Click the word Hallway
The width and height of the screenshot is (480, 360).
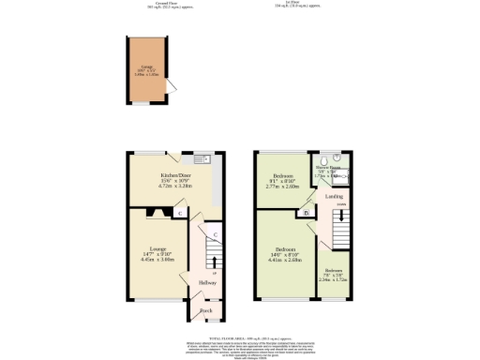(206, 282)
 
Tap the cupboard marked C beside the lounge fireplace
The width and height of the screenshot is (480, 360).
(180, 213)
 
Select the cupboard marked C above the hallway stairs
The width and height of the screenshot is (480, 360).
(215, 233)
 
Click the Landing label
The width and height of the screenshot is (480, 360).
(334, 196)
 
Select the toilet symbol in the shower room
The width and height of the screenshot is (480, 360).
(337, 158)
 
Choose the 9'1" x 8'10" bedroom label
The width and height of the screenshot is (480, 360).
(282, 181)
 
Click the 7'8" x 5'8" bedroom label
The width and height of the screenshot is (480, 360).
(334, 274)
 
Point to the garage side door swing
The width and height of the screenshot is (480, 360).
(172, 86)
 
